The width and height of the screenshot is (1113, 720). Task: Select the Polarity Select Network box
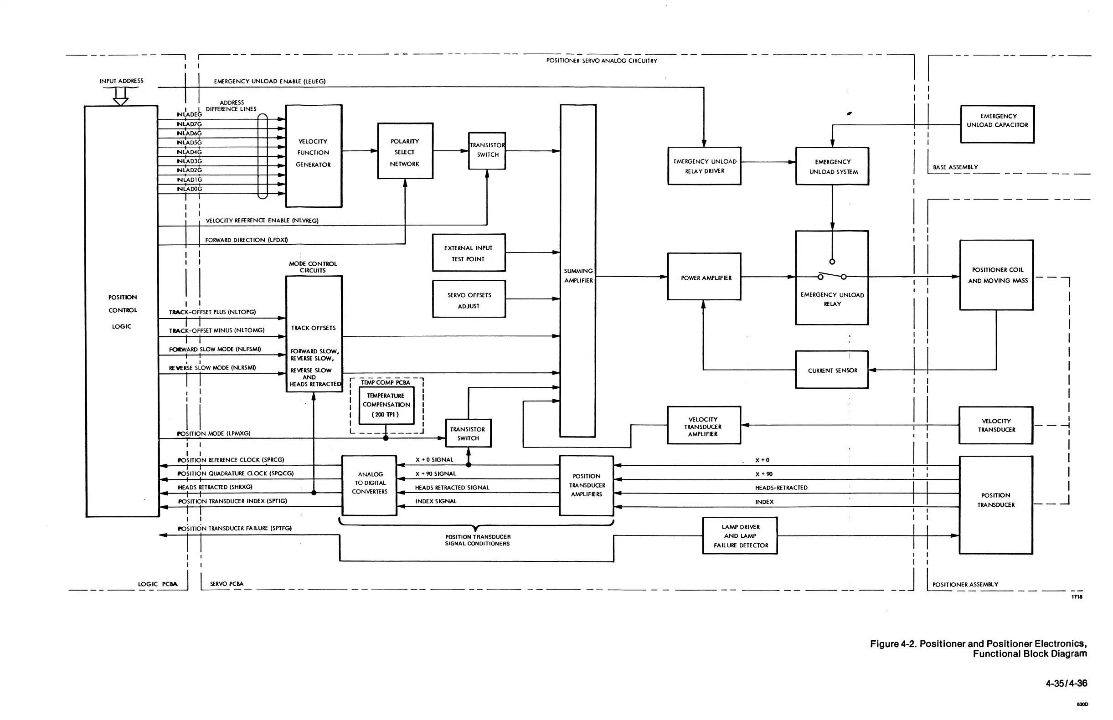tap(405, 151)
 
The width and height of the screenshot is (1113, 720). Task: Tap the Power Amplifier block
tap(704, 277)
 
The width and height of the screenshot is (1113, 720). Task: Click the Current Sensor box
tap(831, 370)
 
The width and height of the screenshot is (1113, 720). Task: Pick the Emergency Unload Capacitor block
tap(997, 124)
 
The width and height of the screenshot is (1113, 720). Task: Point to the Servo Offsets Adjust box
tap(469, 299)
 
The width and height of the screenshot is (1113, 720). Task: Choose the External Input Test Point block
tap(469, 252)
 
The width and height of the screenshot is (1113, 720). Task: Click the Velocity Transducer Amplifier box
tap(703, 426)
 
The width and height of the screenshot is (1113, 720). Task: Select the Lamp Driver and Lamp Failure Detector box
tap(740, 536)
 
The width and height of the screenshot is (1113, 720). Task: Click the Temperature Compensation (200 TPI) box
tap(386, 405)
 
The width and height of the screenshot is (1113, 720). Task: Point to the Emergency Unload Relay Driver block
tap(704, 166)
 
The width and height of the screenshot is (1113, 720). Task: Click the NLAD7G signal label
tap(190, 124)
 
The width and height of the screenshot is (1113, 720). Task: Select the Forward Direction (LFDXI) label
tap(247, 240)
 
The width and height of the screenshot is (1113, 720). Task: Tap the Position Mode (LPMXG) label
tap(214, 433)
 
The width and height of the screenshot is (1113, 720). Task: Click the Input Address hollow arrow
tap(121, 96)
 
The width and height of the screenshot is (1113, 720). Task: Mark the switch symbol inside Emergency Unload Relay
tap(832, 276)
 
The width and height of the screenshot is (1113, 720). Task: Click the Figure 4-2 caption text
tap(978, 648)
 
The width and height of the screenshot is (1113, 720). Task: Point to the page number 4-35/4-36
tap(1066, 684)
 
